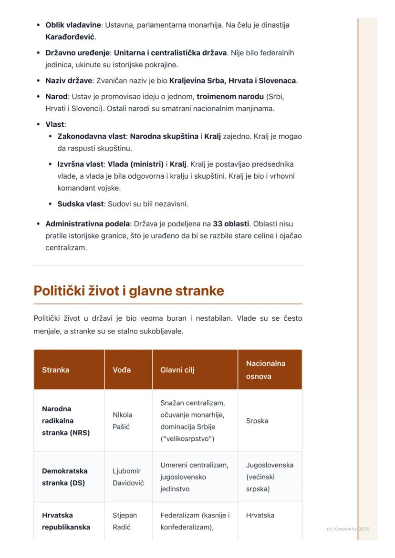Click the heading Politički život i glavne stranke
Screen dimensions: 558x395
coord(129,291)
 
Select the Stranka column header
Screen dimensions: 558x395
coord(55,370)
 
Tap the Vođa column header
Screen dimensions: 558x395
coord(122,370)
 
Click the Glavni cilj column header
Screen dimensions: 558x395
coord(177,370)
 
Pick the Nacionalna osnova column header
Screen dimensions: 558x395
coord(266,370)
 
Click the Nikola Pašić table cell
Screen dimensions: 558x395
coord(123,421)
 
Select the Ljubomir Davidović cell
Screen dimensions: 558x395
coord(127,477)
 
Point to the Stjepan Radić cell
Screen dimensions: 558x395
coord(125,520)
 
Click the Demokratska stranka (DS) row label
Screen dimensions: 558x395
coord(64,477)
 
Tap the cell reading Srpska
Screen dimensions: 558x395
coord(257,421)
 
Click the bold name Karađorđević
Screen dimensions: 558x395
coord(70,37)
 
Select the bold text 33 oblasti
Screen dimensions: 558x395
coord(230,223)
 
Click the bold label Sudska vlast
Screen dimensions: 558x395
coord(80,204)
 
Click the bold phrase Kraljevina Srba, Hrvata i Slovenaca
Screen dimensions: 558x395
coord(233,81)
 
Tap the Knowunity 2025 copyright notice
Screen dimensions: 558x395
coord(348,529)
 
